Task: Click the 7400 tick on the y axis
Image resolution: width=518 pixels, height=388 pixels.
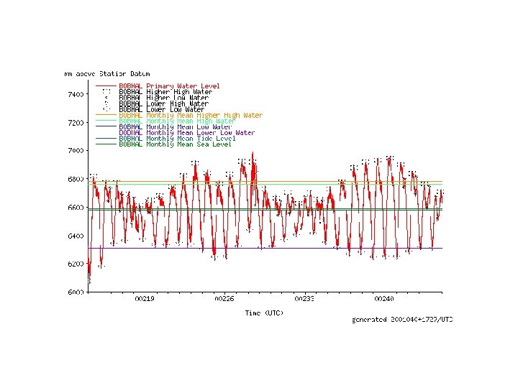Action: pos(76,94)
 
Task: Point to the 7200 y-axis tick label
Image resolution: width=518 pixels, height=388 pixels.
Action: pos(76,123)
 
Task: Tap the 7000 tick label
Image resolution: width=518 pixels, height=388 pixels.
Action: pos(76,151)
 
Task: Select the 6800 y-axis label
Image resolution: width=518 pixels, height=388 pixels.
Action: pos(76,179)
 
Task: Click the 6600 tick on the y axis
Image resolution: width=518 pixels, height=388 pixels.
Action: pos(76,208)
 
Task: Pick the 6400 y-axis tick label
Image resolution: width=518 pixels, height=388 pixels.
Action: pos(76,236)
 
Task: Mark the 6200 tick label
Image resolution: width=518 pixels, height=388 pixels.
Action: pos(76,264)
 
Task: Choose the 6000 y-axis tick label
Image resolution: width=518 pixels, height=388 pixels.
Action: pos(76,292)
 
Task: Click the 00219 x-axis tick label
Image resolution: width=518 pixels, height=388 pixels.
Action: pos(145,299)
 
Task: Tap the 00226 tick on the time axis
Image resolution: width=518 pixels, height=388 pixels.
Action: pos(224,299)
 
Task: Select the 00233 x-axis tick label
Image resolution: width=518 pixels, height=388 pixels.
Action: pos(304,299)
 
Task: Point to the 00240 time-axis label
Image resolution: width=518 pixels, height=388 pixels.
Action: pos(384,299)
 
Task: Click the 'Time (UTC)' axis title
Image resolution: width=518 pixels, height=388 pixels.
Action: pos(264,313)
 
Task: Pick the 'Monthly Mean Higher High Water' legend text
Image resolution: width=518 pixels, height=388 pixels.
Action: pos(204,116)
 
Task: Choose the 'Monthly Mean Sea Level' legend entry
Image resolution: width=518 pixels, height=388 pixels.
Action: pos(188,144)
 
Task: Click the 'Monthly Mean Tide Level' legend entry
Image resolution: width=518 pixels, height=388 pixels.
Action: pos(191,139)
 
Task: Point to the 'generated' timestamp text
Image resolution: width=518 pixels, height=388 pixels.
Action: pos(402,320)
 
